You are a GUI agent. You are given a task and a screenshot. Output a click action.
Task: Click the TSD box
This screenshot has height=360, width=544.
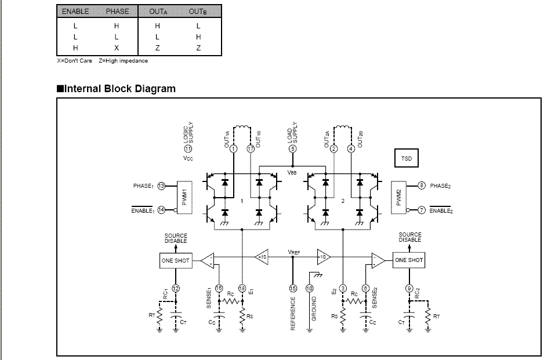pos(407,158)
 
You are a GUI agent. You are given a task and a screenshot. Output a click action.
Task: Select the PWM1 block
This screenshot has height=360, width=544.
pos(184,197)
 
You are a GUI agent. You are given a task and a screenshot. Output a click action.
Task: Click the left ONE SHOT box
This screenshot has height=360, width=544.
pos(175,260)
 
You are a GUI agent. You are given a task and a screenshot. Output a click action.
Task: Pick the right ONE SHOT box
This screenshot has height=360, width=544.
pos(409,260)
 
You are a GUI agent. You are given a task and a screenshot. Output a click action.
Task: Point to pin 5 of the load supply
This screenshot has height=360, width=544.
pos(292,149)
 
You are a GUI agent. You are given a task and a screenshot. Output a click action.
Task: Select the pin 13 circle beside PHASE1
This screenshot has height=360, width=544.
pos(161,186)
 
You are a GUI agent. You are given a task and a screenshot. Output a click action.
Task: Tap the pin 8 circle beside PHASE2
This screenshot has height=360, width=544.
pos(422,186)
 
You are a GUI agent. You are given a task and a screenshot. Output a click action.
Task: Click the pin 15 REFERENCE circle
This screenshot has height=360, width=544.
pos(292,288)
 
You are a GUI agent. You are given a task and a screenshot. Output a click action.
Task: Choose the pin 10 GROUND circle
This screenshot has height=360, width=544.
pos(309,288)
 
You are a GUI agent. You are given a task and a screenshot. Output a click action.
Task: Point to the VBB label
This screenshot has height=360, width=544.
pos(292,172)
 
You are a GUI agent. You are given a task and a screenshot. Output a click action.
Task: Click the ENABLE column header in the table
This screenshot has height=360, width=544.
pos(75,12)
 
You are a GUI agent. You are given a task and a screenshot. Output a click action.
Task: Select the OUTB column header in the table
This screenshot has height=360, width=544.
pos(198,12)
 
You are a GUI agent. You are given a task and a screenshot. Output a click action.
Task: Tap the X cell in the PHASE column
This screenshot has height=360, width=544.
pos(117,48)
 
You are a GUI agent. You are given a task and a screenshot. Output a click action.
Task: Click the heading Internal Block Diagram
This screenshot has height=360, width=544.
pos(116,89)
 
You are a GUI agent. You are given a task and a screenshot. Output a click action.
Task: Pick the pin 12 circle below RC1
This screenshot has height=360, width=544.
pos(176,288)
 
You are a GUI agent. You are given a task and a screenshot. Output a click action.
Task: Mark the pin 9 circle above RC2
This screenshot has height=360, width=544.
pos(409,288)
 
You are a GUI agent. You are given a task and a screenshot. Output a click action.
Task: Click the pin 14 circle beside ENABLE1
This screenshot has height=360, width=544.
pos(161,210)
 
